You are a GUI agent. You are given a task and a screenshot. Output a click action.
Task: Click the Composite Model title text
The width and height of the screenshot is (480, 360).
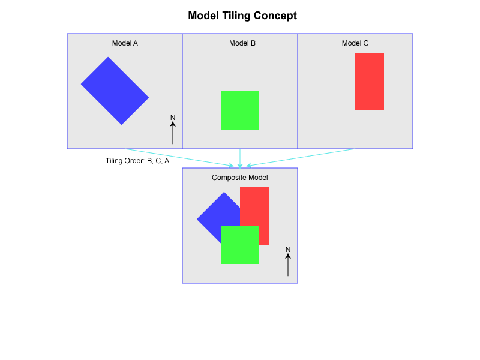click(x=240, y=178)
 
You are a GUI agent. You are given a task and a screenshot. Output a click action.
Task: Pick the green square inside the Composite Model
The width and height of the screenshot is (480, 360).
click(x=240, y=245)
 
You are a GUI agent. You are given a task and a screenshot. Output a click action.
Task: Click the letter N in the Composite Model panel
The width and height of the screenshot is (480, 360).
click(x=288, y=250)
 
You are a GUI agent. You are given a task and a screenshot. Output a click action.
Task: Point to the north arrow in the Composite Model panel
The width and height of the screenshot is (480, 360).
click(x=288, y=265)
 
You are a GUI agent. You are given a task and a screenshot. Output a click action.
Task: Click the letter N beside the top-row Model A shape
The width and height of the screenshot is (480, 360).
click(x=173, y=118)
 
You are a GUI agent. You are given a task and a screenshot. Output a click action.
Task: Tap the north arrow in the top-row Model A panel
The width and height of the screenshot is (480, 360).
click(x=173, y=133)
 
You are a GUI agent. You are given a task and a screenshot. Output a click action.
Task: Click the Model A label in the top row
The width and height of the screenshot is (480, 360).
click(x=125, y=43)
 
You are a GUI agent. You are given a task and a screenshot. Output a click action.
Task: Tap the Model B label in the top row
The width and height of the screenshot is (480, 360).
click(x=242, y=43)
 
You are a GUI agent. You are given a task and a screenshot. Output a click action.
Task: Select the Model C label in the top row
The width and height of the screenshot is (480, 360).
click(x=355, y=43)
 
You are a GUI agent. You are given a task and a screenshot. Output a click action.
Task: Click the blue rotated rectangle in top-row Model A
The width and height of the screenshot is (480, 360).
click(x=115, y=91)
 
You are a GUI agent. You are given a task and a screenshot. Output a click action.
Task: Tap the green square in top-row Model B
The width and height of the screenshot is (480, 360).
click(x=240, y=110)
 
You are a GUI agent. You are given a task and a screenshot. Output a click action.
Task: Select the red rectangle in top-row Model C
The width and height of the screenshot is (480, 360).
click(x=370, y=82)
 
